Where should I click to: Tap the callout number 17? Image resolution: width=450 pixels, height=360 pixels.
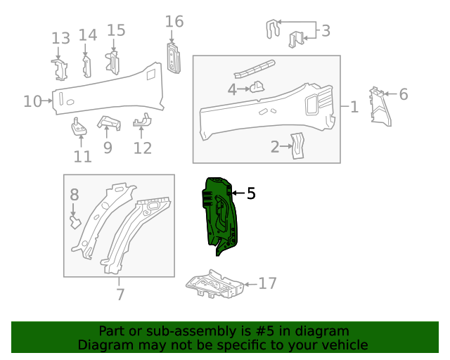(x=267, y=283)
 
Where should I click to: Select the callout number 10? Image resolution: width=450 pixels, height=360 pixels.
(x=32, y=101)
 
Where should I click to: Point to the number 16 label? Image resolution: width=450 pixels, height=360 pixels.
(x=174, y=22)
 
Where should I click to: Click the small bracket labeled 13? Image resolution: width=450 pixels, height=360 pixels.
(x=60, y=70)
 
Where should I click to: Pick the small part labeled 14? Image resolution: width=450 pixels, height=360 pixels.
(x=86, y=67)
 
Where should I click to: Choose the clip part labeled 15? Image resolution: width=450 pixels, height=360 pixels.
(x=112, y=63)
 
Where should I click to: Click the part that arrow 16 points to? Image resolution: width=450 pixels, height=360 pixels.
(x=174, y=58)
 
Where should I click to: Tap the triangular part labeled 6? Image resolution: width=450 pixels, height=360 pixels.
(x=380, y=107)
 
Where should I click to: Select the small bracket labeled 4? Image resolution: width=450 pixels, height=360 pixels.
(x=257, y=86)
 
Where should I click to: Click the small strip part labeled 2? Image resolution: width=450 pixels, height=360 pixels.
(x=297, y=146)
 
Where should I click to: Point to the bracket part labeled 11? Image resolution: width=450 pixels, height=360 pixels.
(x=79, y=127)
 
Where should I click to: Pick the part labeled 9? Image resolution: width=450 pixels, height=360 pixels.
(x=109, y=122)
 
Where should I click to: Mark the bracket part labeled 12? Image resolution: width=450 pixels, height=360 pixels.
(x=142, y=120)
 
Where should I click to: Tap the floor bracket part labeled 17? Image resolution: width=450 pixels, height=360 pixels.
(x=214, y=284)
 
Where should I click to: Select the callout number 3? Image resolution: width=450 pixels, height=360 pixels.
(x=326, y=30)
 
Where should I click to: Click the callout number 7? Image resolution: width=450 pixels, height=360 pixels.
(x=120, y=295)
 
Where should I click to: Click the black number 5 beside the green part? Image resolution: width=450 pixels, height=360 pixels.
(x=251, y=193)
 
